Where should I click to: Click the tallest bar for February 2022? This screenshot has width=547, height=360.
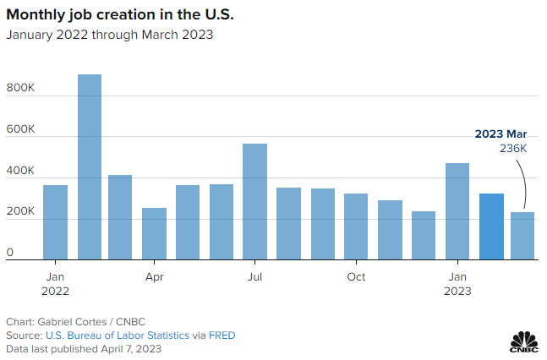(90, 167)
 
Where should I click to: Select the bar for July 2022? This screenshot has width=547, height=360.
(254, 202)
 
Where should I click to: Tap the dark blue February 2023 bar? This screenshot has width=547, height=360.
(491, 226)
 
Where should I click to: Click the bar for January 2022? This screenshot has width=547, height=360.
(56, 222)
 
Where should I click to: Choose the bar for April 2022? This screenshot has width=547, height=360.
(154, 234)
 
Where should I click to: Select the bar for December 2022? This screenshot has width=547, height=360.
(424, 236)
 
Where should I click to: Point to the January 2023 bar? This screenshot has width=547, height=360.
(457, 211)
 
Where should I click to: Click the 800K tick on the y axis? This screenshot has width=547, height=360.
(22, 88)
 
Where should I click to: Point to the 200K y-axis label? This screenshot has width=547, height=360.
(22, 212)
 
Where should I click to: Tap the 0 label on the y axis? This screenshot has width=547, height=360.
(10, 253)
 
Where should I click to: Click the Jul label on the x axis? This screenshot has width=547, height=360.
(254, 276)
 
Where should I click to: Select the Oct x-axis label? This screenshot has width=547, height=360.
(356, 276)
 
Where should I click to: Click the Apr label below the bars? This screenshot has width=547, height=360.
(154, 276)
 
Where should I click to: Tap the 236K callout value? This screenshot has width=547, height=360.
(513, 148)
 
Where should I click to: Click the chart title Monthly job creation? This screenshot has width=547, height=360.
(121, 14)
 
